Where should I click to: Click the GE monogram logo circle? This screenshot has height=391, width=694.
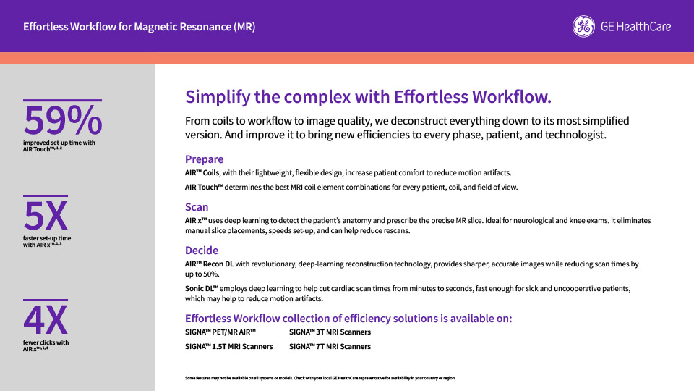583,27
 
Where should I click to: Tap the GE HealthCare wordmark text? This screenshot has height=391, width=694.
635,27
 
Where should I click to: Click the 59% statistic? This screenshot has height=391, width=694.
62,119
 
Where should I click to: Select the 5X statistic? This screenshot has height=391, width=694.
46,216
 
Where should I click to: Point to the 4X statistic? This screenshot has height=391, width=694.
46,320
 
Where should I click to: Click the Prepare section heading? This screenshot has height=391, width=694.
204,159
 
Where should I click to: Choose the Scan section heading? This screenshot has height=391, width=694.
197,207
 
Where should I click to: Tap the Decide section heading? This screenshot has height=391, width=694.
202,251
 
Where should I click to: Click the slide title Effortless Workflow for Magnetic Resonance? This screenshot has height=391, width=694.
139,27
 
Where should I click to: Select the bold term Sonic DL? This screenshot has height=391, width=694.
202,289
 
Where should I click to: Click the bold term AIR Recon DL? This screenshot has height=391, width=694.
210,264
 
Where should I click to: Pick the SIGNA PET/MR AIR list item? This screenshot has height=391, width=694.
220,332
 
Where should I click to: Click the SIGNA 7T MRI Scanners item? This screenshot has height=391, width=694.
330,347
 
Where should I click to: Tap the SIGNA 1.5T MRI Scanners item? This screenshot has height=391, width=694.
229,347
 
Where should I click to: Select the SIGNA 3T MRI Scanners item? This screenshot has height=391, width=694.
330,332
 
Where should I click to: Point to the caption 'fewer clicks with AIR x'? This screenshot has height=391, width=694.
46,346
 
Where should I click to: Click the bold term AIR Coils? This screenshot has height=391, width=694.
202,173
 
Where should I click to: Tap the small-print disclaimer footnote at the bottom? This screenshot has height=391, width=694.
320,378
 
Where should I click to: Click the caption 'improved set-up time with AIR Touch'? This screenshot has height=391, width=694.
59,146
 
